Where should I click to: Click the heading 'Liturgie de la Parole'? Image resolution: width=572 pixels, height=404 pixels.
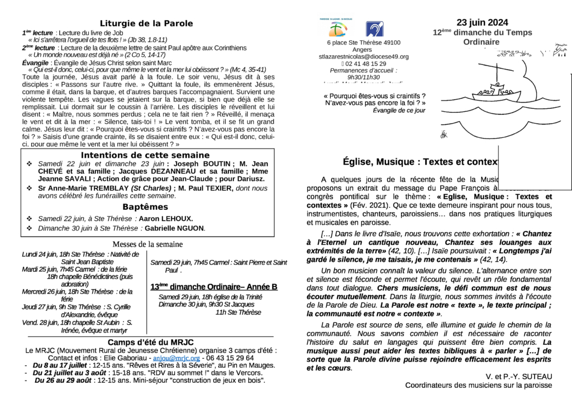coord(146,23)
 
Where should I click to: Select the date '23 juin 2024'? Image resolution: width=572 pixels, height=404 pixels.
coord(482,23)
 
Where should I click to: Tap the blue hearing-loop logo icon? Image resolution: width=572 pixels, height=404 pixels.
coord(374,29)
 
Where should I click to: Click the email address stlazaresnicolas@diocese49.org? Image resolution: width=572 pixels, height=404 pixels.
coord(363,57)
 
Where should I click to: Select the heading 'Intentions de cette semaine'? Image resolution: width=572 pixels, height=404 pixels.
coord(145,155)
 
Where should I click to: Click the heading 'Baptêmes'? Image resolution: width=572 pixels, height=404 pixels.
coord(145,207)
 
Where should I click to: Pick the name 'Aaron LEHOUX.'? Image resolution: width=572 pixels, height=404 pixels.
coord(166,219)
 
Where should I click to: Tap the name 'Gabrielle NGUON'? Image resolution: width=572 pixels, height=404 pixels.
coord(175,228)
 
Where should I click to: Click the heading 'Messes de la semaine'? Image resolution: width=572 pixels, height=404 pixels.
coord(147,244)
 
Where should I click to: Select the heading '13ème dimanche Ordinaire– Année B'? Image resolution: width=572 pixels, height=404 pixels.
coord(214,287)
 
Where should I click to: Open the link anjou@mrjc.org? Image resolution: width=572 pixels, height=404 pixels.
coord(177,358)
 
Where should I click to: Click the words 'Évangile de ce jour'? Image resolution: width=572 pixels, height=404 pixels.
coord(398,110)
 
